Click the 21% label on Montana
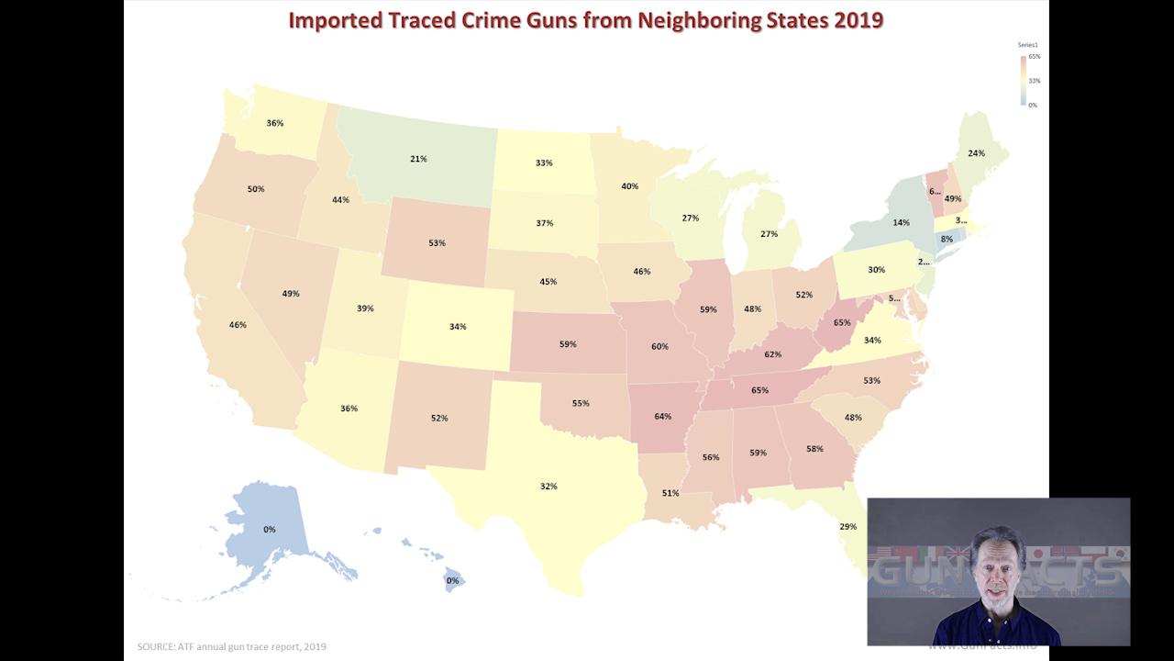pos(418,159)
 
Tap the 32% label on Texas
pos(548,486)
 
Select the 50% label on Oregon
pos(256,189)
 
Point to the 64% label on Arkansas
pos(663,416)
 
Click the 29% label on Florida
pos(847,526)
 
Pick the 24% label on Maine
pos(976,153)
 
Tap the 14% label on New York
pos(902,223)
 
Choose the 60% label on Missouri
pos(659,346)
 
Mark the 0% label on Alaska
pos(270,529)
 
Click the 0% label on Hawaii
pos(452,580)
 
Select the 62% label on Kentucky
pos(772,353)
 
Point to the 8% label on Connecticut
pos(947,239)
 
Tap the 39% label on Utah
pos(365,308)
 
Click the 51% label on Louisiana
pos(670,493)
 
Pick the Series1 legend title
pos(1027,45)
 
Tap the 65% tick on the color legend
pos(1034,57)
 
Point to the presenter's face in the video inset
pos(997,569)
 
